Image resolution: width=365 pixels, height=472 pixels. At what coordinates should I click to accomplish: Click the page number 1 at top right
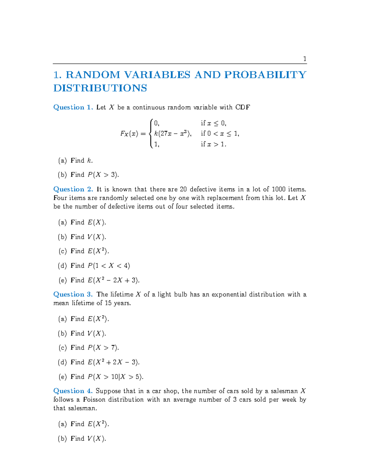304,59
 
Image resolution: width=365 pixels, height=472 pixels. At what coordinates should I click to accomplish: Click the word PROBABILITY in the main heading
265,75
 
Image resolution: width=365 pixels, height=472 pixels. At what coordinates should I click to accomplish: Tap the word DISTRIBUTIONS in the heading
100,88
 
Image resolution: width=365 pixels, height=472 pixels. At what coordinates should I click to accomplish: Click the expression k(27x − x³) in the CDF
172,134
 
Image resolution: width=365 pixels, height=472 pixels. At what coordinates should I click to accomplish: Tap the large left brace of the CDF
151,134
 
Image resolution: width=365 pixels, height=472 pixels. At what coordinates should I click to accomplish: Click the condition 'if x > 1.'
214,144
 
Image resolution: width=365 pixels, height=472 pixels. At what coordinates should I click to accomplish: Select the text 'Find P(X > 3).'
95,175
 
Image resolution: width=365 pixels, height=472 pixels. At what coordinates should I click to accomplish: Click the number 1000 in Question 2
278,189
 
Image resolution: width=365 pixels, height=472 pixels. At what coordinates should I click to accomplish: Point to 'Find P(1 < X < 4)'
100,266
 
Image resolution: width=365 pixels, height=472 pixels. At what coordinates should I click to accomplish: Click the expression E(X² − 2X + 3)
113,280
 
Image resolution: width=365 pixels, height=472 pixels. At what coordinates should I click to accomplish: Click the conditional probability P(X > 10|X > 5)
115,377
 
